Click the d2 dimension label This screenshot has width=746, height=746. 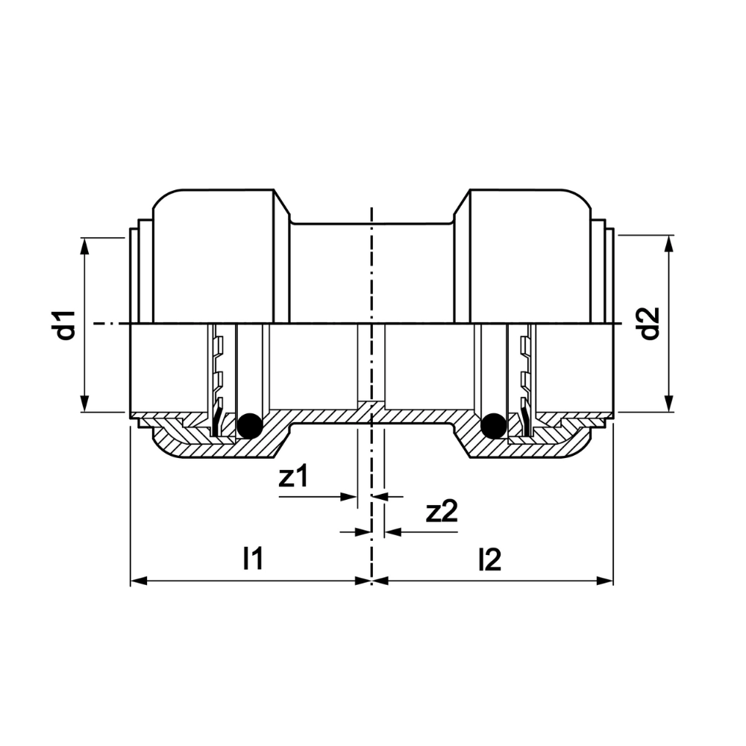tap(650, 324)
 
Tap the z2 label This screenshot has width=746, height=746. tap(442, 512)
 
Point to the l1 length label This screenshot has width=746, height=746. tap(253, 558)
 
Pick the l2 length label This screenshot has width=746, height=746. tap(489, 559)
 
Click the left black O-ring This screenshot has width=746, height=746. tap(250, 425)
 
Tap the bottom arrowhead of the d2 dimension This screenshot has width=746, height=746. tap(669, 404)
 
